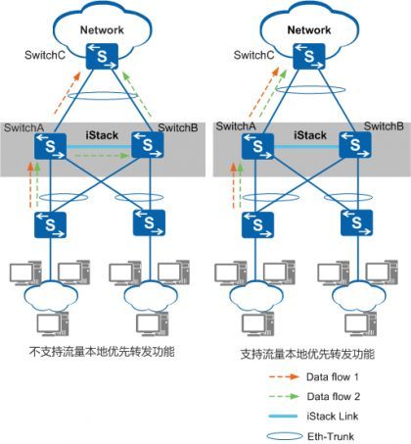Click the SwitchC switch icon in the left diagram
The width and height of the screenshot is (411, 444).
(102, 57)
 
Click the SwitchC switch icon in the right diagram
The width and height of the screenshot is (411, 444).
(309, 56)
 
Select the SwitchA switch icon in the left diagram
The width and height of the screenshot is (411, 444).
(50, 147)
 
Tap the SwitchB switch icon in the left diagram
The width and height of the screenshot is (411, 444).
(148, 145)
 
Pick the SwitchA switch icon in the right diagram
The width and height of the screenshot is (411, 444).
(257, 147)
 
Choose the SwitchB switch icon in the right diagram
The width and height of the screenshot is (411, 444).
(355, 145)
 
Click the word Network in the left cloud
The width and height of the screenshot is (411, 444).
(102, 30)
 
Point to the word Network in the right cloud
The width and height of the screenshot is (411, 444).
(309, 30)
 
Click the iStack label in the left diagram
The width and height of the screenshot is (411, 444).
(102, 135)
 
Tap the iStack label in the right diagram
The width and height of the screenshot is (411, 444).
(310, 135)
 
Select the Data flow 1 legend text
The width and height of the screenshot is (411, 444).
(333, 377)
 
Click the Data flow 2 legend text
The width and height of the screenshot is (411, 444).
(334, 397)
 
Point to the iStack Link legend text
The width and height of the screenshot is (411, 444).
(333, 417)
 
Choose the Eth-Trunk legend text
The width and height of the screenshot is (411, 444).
(331, 436)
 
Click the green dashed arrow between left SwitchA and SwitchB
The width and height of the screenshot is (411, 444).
(102, 156)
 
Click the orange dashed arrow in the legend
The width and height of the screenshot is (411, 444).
(284, 377)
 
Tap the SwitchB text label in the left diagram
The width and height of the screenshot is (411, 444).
(178, 127)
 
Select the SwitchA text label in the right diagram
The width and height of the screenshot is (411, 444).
(236, 126)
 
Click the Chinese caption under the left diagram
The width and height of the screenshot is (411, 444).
(103, 352)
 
